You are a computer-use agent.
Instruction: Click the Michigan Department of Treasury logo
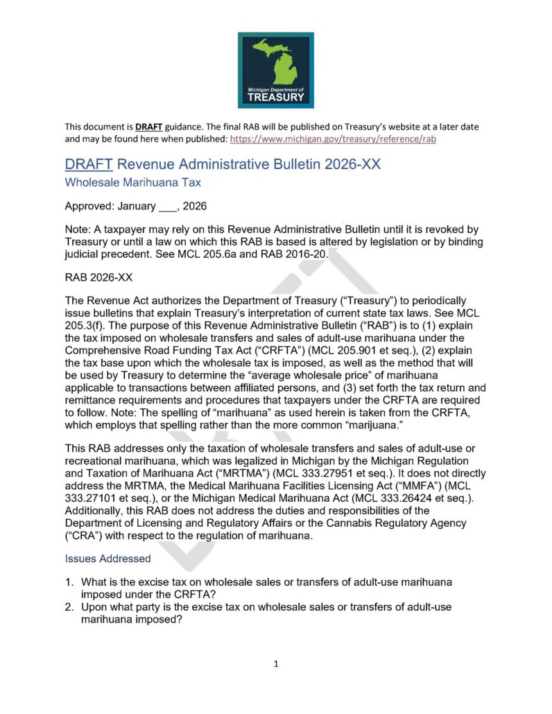click(x=275, y=69)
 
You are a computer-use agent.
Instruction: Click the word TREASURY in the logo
click(x=276, y=98)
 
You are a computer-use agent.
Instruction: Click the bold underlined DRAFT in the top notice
click(x=148, y=127)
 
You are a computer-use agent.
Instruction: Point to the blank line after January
click(x=166, y=207)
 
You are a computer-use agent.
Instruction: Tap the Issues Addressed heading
click(x=107, y=558)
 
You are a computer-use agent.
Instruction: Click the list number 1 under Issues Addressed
click(x=70, y=582)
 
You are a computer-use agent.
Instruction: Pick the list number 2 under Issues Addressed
click(x=70, y=607)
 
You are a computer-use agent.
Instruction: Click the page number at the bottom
click(x=276, y=664)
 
